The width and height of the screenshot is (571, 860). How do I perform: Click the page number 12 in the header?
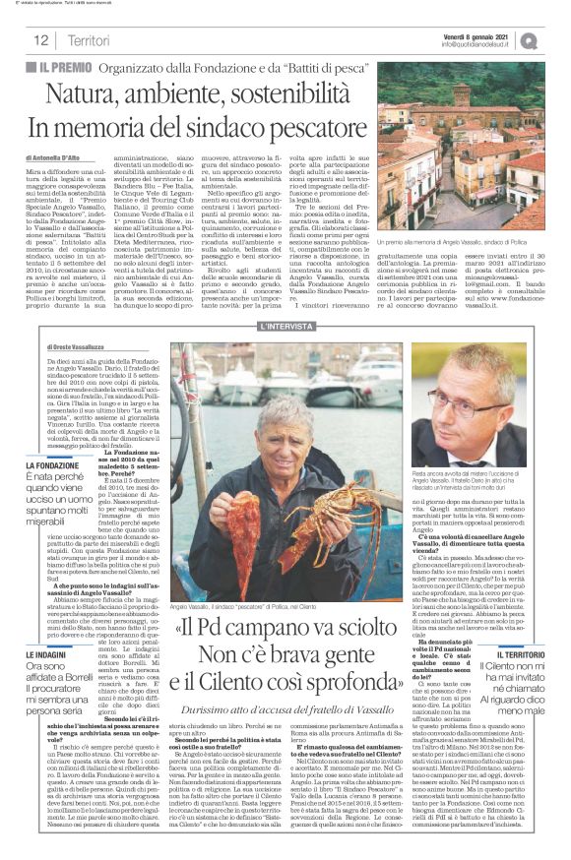(x=41, y=39)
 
